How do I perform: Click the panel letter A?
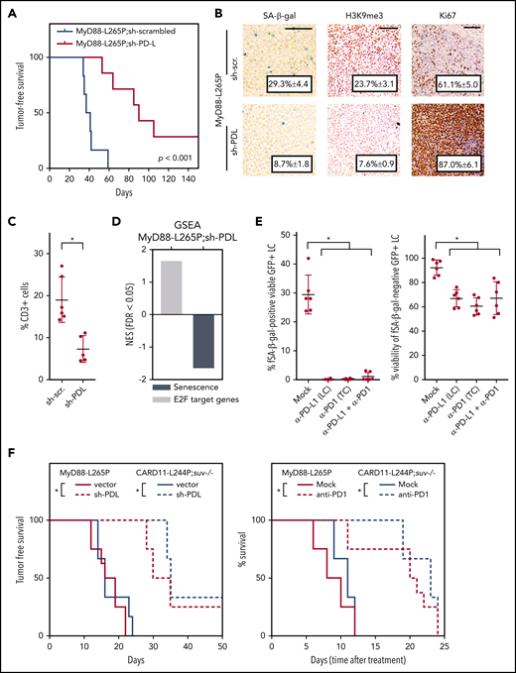pyautogui.click(x=8, y=10)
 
